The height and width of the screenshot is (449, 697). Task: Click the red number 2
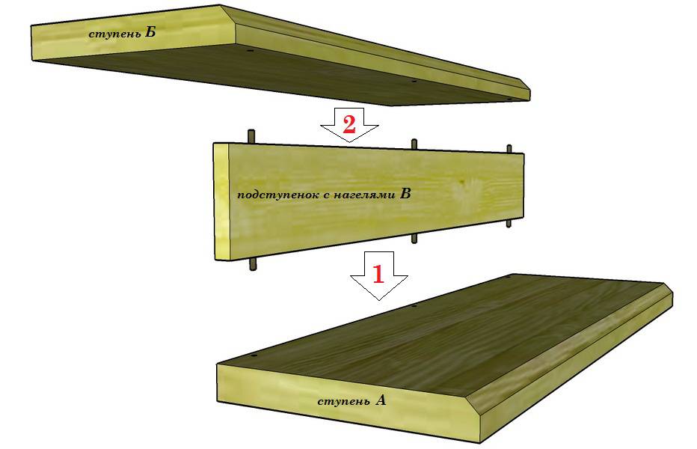349,124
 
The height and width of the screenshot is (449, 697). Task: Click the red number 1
378,274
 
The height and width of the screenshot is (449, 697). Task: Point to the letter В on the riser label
405,193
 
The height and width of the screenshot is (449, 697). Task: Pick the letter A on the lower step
381,400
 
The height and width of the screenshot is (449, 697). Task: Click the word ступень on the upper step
114,34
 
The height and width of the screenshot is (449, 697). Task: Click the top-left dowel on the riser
251,136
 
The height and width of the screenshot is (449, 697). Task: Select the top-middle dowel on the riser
414,144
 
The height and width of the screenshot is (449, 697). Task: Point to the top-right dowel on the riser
509,149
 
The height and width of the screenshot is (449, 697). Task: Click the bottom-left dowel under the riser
254,263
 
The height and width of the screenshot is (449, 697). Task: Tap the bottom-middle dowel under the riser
414,238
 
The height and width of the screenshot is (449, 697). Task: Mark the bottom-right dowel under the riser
509,223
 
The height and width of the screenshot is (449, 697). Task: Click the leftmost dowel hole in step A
254,356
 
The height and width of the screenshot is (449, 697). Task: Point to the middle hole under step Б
414,81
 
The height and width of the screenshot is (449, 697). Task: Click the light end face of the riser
221,201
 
